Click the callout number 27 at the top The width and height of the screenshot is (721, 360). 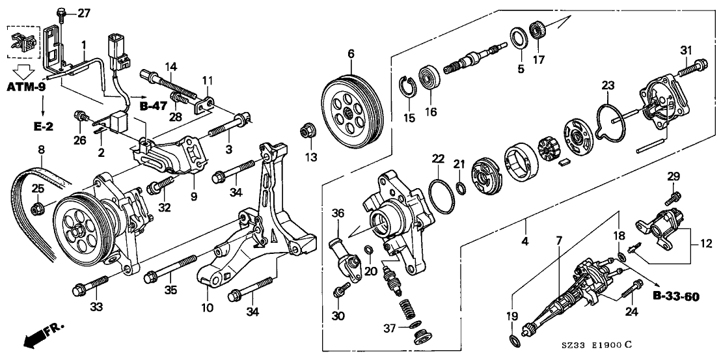85,12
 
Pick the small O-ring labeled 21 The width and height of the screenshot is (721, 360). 461,189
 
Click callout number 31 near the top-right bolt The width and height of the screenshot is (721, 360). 685,51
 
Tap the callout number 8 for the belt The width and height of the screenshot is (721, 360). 42,150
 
